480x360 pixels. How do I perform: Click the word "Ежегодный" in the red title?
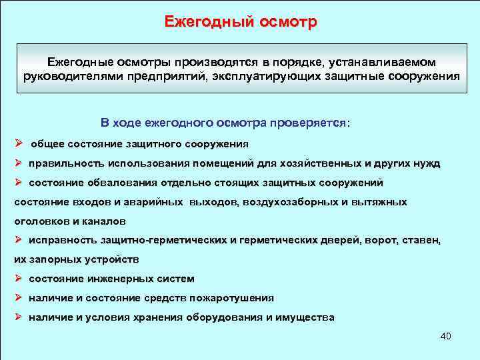(x=208, y=21)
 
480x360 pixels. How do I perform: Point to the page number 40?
(x=446, y=336)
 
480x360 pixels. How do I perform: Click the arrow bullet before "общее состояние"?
(x=19, y=143)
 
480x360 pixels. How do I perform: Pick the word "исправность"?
(x=59, y=239)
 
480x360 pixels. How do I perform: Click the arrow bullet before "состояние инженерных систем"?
(x=19, y=278)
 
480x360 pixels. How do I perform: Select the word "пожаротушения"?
(x=231, y=298)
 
